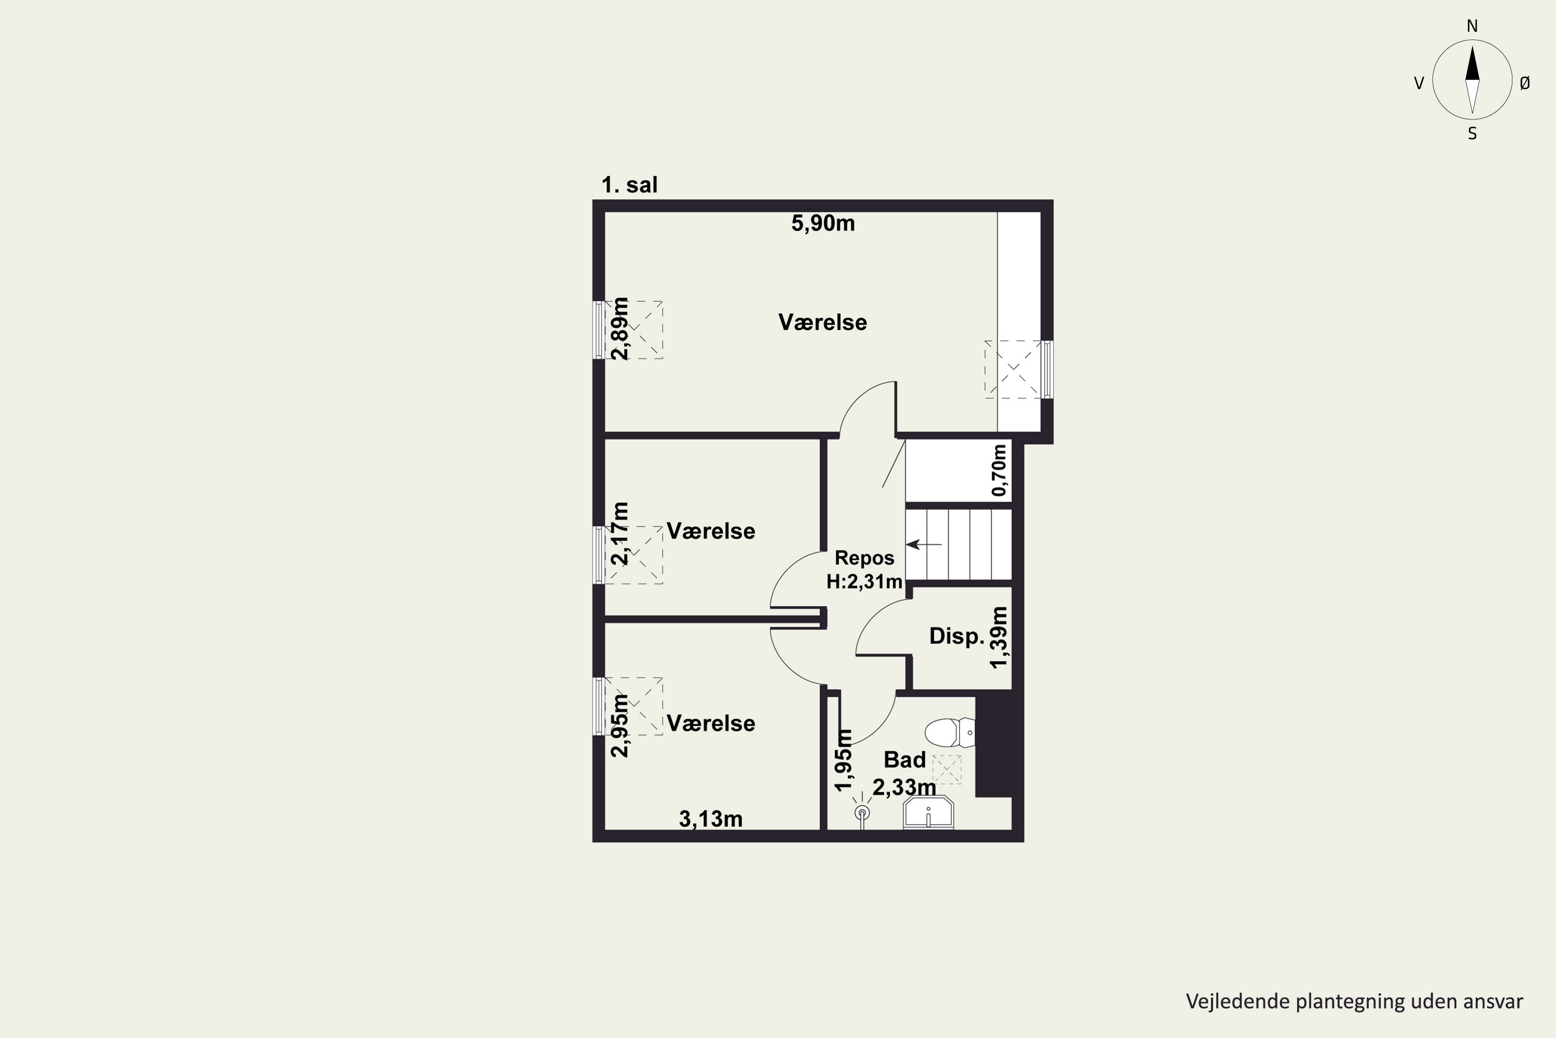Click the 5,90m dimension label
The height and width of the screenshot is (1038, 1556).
(823, 224)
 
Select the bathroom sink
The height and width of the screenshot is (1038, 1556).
(928, 812)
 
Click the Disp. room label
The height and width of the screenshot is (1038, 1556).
(956, 636)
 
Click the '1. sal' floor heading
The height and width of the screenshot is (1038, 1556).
(629, 185)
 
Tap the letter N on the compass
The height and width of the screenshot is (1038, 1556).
(1472, 26)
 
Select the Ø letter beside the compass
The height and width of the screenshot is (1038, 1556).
(1525, 83)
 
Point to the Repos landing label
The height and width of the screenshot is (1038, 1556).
(864, 558)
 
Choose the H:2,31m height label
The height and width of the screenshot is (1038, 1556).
(864, 582)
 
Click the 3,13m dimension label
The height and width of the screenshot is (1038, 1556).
(711, 820)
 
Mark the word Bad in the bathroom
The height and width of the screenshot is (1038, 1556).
(905, 759)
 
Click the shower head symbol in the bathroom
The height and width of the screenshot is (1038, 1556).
(862, 812)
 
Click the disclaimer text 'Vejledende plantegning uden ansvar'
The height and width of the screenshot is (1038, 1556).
(1354, 1001)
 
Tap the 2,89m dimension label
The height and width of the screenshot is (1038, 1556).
(620, 329)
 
